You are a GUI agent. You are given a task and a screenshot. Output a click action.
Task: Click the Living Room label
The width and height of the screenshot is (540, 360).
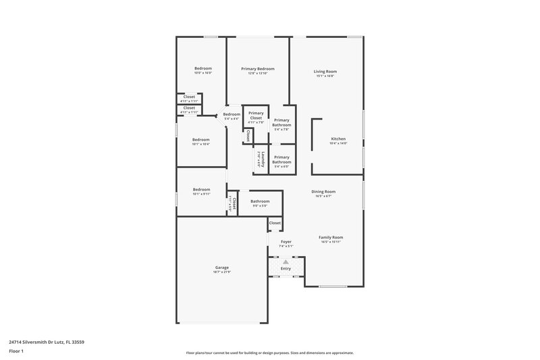point(325,71)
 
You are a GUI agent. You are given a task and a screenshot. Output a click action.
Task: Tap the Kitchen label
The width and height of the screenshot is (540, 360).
point(337,139)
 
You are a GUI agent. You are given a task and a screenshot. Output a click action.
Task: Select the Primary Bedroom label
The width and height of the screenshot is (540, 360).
point(258,69)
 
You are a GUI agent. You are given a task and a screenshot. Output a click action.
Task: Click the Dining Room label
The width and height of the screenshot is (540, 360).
point(323,191)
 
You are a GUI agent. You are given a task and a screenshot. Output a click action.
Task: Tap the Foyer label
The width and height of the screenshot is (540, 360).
point(286,241)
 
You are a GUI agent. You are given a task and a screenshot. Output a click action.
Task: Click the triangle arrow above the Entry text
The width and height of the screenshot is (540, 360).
point(286,261)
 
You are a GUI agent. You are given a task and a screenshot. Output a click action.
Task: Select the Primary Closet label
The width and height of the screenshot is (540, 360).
point(256,115)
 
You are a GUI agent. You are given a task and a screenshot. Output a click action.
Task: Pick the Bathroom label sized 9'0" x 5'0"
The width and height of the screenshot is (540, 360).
point(260,201)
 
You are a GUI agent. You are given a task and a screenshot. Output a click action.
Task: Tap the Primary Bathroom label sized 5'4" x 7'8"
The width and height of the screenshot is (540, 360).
point(281,122)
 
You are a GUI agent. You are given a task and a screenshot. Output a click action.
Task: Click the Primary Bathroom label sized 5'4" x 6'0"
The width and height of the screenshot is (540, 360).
point(281,159)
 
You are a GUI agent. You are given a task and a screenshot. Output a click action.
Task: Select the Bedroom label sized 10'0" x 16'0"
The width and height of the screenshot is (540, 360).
point(203,68)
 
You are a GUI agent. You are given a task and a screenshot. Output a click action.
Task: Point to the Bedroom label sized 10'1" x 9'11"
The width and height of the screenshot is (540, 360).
point(201,189)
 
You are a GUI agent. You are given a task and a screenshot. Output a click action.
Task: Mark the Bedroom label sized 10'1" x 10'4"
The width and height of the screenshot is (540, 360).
point(201,139)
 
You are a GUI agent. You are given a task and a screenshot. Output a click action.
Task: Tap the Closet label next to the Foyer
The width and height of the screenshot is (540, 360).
point(275,223)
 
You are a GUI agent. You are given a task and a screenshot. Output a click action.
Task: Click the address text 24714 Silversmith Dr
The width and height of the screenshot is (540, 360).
point(47,342)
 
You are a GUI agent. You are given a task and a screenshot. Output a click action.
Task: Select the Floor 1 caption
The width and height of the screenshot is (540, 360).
point(16,351)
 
